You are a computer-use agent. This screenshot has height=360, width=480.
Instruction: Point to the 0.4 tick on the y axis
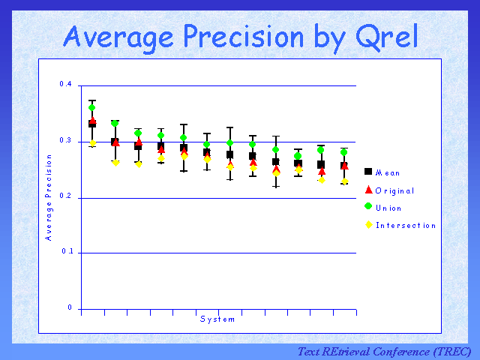pos(65,84)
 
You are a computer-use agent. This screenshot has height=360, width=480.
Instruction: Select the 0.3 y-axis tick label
pos(65,141)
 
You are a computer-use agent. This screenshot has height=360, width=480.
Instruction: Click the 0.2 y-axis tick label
pos(65,197)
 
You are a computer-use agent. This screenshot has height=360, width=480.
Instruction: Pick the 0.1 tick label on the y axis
pos(65,253)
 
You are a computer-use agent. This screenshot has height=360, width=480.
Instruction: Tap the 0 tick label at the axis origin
pos(69,308)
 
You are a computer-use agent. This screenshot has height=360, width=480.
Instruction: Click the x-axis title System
pos(217,319)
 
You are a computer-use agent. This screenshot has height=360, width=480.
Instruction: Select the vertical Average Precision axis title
pos(48,197)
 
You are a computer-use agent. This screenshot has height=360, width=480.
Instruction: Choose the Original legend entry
pos(394,190)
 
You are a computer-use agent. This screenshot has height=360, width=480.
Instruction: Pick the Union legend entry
pos(388,208)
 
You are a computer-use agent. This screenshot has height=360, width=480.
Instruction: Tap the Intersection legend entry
pos(405,225)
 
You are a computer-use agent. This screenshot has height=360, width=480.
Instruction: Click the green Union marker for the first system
pos(91,107)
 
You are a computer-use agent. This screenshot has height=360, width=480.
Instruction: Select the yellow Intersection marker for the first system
pos(93,143)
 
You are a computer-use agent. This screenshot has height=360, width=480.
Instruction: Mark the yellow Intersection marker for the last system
pos(344,181)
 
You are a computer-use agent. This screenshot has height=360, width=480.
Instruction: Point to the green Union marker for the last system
pos(344,152)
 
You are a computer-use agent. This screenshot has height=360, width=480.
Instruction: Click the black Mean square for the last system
pos(344,166)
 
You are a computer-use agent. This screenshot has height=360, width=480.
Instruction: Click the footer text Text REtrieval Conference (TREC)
pos(384,351)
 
